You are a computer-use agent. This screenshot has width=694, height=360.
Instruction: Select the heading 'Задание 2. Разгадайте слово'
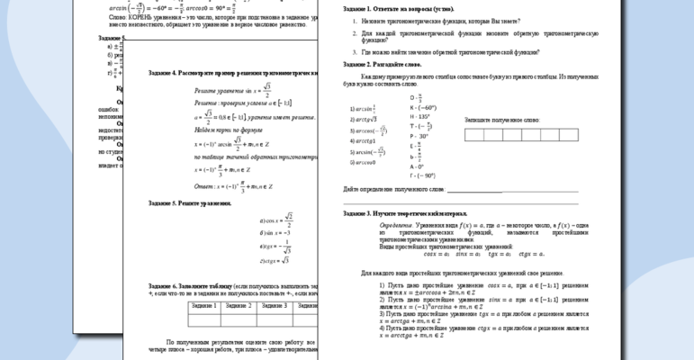(x=383, y=65)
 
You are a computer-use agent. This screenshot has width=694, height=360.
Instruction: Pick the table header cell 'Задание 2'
(x=239, y=306)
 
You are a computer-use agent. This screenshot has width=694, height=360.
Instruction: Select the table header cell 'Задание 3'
(x=273, y=306)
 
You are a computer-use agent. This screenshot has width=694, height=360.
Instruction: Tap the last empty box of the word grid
(x=574, y=135)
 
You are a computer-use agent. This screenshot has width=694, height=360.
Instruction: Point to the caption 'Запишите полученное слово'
(x=501, y=119)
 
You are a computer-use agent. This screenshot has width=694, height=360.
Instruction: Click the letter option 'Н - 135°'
(x=419, y=116)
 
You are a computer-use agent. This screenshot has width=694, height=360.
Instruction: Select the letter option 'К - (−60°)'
(x=423, y=106)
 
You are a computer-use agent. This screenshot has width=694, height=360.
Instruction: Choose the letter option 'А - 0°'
(x=418, y=166)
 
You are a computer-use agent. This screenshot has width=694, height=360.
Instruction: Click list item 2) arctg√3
(x=365, y=119)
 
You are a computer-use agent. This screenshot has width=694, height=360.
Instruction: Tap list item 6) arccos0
(x=364, y=162)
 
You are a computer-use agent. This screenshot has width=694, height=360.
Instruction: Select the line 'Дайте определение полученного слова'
(x=394, y=190)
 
